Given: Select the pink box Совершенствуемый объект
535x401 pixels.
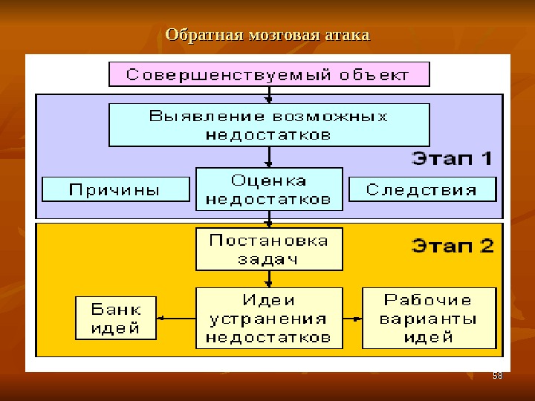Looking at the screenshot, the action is tap(269, 74).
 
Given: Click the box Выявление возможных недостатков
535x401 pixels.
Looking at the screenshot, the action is tap(269, 125).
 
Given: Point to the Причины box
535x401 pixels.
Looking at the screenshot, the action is tap(115, 189).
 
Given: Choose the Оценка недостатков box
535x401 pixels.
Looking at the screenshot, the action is tap(269, 189).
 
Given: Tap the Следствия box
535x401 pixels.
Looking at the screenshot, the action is tap(421, 189).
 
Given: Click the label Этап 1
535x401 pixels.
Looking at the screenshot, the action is tap(452, 158).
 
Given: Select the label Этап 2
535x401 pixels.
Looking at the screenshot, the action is tap(452, 246).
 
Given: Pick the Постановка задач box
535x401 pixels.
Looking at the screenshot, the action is tap(269, 250).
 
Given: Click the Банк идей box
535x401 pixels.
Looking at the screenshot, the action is tap(116, 318).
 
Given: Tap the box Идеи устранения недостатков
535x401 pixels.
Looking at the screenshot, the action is tap(269, 319).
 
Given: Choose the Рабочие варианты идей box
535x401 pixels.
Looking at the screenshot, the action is tap(429, 319).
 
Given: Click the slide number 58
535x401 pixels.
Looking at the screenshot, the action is tap(498, 376).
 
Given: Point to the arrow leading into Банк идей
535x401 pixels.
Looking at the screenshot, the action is tap(175, 319).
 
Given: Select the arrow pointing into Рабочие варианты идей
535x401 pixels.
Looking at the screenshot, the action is tap(353, 319).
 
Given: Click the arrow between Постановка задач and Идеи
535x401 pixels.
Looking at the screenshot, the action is tap(269, 279).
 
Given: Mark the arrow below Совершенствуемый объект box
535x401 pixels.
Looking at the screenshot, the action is tap(269, 94).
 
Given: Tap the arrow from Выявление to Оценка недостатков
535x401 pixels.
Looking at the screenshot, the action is tap(269, 157).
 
